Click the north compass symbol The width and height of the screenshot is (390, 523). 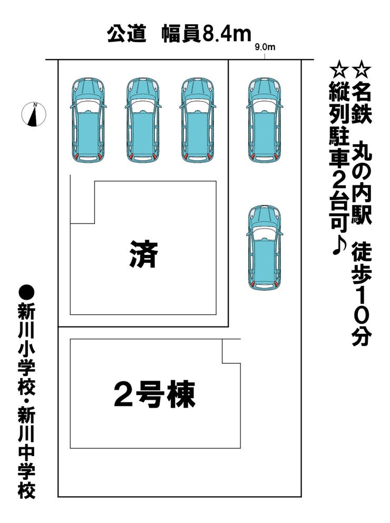click(x=34, y=114)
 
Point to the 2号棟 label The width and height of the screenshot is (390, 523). click(x=154, y=394)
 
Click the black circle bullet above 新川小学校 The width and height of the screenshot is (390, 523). click(x=26, y=291)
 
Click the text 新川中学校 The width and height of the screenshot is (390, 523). click(x=26, y=458)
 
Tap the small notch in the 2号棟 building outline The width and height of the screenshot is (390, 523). click(x=231, y=351)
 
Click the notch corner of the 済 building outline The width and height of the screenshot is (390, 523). click(x=94, y=223)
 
